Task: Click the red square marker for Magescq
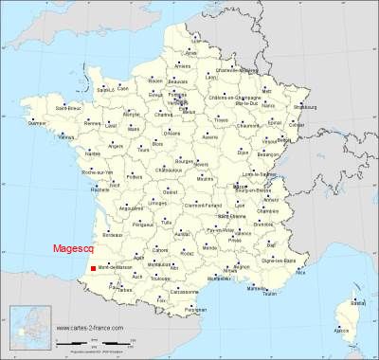click(93, 268)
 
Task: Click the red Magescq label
click(71, 249)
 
